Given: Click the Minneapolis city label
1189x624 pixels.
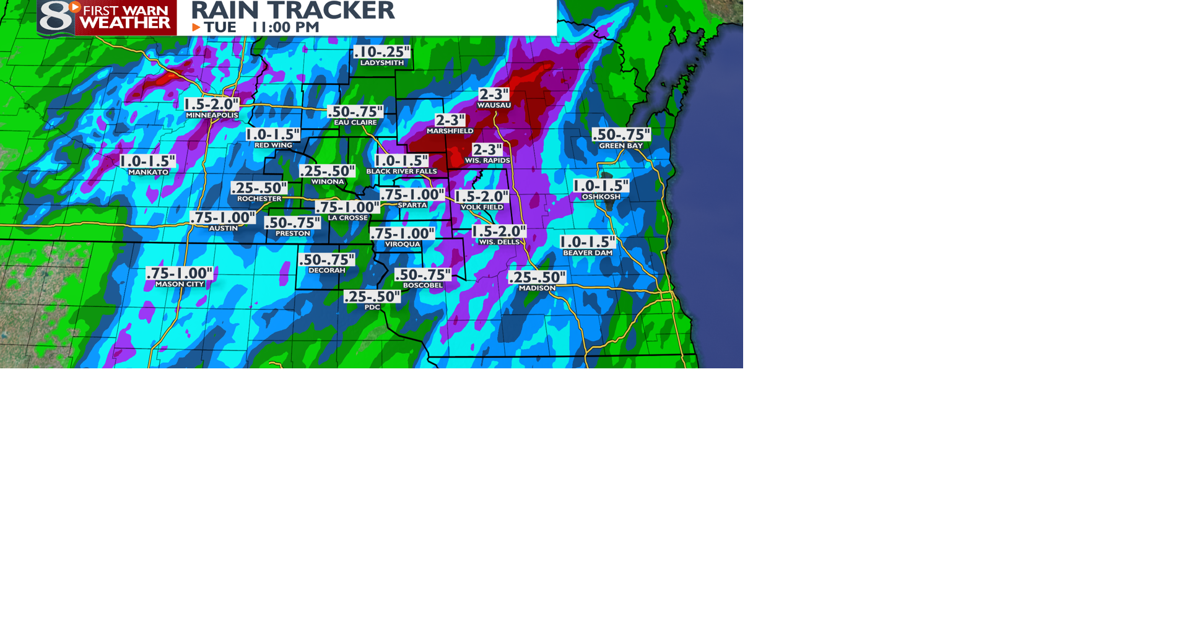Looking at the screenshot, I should pos(212,115).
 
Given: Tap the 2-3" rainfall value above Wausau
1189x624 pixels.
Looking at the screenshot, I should pos(494,94).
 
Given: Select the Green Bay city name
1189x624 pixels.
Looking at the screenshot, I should pos(621,145).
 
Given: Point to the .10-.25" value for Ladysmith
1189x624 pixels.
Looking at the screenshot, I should pos(381,52).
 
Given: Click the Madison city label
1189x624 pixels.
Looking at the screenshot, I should pos(537,288).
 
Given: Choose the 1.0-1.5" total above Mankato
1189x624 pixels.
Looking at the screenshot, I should pos(147,161).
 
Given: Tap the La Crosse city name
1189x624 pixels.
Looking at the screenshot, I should pos(347,218).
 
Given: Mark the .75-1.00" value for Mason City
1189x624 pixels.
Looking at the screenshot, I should pos(179,273).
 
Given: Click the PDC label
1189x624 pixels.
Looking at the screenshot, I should pos(372,307).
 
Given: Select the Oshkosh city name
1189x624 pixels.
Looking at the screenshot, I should pos(601,197).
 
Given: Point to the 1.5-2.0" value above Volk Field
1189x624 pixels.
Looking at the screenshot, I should pos(482,197).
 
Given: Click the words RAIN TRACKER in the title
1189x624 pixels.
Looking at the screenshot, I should pos(292,10).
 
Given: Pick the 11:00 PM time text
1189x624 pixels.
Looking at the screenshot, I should pos(285,27).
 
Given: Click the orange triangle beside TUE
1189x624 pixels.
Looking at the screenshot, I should pos(196,27).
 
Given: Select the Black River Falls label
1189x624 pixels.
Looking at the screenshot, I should pos(401,171).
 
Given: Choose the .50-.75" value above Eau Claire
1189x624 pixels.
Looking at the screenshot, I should pos(355,111).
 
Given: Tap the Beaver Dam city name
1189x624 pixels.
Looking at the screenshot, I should pos(587,253).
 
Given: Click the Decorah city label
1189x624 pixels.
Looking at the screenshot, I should pos(326,271).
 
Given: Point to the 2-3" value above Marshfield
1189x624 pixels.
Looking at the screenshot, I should pos(450,120).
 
